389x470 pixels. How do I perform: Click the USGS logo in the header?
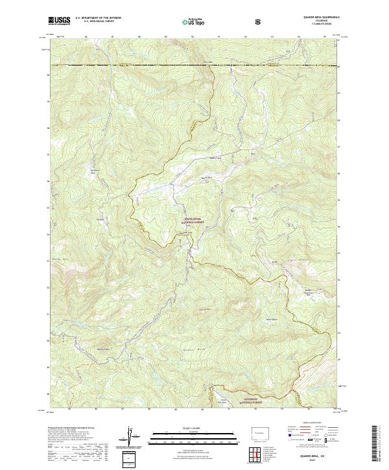[59, 21]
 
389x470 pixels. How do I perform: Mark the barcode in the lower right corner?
[377, 447]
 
